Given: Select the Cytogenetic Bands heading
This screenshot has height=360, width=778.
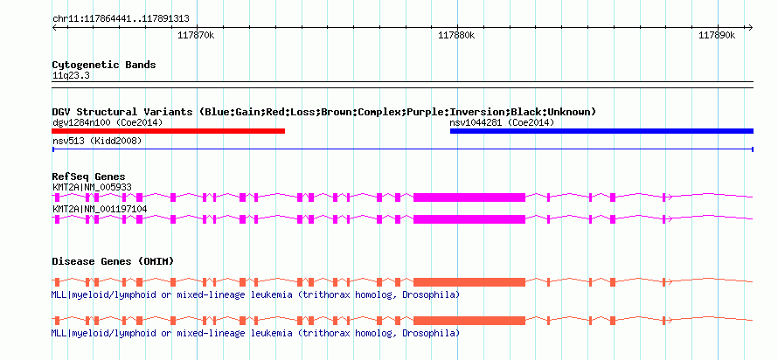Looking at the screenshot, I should tap(104, 65).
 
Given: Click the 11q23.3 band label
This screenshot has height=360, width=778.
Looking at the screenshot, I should tap(71, 76).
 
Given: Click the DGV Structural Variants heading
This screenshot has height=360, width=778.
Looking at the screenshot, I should tap(323, 112).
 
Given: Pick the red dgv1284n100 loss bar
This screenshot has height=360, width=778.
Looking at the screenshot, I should tap(169, 131).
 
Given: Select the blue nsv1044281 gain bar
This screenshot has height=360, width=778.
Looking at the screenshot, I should tap(601, 131).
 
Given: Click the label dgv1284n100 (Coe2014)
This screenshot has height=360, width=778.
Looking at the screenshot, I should tap(108, 122).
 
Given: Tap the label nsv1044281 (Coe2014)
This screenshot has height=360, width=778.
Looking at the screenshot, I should tap(502, 122).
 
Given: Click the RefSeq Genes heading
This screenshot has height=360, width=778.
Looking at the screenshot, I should tap(88, 177).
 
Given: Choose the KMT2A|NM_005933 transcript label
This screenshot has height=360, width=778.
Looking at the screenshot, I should tap(92, 187).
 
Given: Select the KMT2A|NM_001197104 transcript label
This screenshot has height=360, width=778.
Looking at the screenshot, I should tap(100, 209).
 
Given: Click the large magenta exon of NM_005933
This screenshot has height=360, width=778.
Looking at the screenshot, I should tap(469, 197).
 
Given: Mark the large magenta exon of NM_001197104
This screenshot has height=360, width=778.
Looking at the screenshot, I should tap(469, 218).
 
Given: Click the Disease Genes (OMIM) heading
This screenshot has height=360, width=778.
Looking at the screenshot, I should tap(113, 261).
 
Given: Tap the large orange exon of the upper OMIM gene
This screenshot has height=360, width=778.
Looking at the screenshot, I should tap(469, 281).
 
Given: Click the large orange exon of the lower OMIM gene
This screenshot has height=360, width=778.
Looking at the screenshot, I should tap(469, 320).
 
